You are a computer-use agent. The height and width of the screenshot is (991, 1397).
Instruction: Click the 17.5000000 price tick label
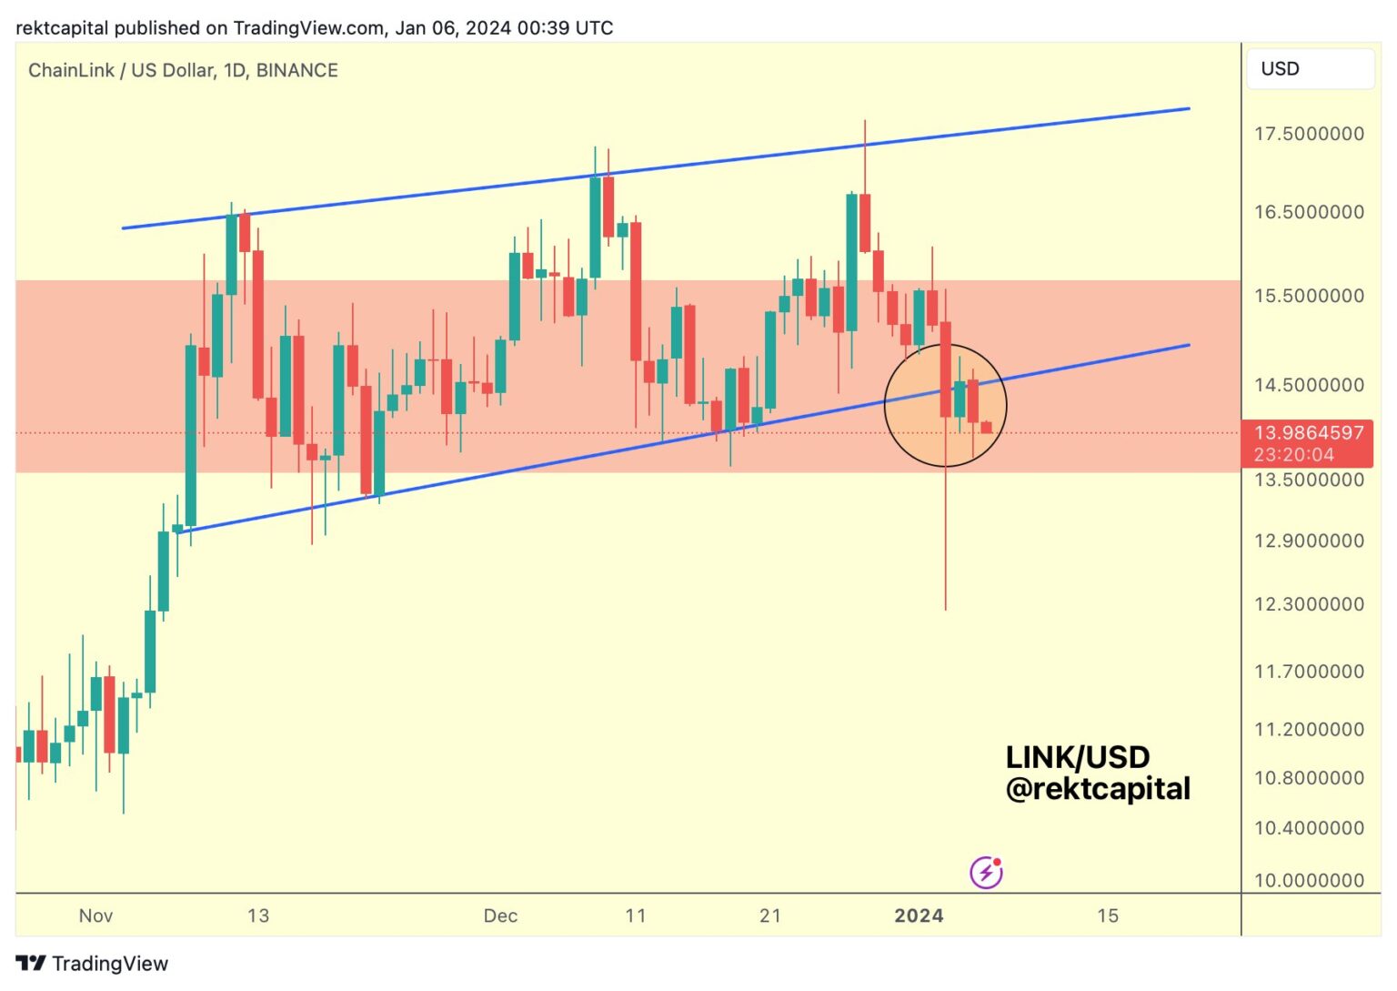point(1309,134)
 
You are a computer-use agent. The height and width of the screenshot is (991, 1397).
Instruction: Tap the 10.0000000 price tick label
point(1309,880)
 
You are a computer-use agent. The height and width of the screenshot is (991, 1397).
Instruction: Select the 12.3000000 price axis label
point(1309,604)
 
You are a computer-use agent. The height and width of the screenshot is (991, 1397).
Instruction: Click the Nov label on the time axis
point(95,915)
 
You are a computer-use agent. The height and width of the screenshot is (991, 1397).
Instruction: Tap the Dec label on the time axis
point(500,915)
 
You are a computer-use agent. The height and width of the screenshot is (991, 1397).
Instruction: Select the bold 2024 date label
point(919,915)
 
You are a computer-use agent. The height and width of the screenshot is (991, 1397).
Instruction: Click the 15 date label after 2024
point(1107,915)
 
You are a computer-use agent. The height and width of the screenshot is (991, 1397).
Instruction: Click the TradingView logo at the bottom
point(92,964)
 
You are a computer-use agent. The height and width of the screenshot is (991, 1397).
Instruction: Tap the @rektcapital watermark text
point(1098,788)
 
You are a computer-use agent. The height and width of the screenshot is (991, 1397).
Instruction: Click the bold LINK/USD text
point(1077,757)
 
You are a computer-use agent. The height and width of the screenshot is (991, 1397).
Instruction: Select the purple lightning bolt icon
point(986,873)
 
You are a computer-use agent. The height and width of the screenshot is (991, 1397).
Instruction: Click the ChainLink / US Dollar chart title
point(118,70)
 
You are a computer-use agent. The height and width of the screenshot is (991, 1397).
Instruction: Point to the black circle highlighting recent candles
point(946,405)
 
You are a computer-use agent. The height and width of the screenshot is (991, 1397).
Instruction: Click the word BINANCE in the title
point(296,70)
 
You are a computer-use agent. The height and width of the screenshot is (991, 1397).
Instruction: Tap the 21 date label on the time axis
point(769,915)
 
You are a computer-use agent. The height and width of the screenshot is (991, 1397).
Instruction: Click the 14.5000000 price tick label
point(1309,385)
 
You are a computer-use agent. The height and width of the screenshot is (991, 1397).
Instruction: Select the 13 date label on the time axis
point(258,915)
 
